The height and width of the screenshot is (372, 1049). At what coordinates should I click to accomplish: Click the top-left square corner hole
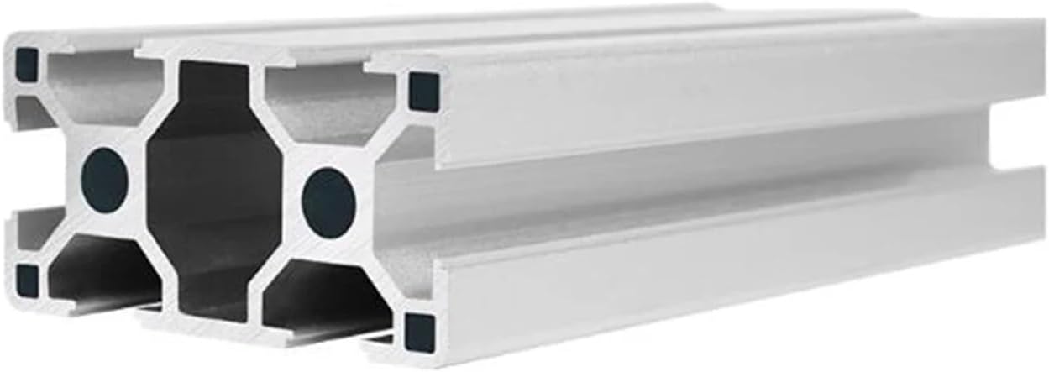pyautogui.click(x=27, y=65)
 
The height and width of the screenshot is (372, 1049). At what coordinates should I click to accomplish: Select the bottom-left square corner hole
pyautogui.click(x=28, y=280)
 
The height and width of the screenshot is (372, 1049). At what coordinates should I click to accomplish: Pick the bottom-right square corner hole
pyautogui.click(x=420, y=333)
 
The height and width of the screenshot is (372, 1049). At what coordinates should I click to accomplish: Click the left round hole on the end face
pyautogui.click(x=105, y=180)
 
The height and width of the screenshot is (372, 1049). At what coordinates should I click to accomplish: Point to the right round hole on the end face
pyautogui.click(x=329, y=202)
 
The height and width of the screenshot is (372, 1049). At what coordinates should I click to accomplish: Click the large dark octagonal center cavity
pyautogui.click(x=214, y=189)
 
